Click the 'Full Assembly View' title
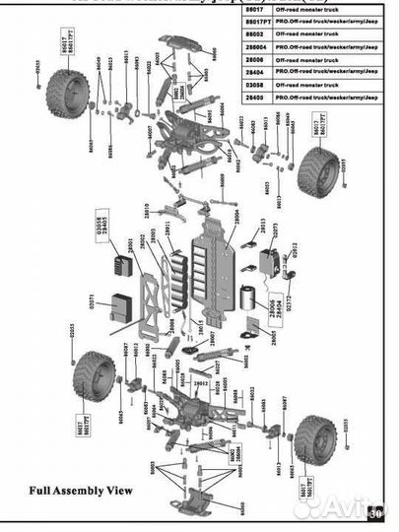80,489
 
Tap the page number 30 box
375,513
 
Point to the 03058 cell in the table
253,84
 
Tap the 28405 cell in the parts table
253,97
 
